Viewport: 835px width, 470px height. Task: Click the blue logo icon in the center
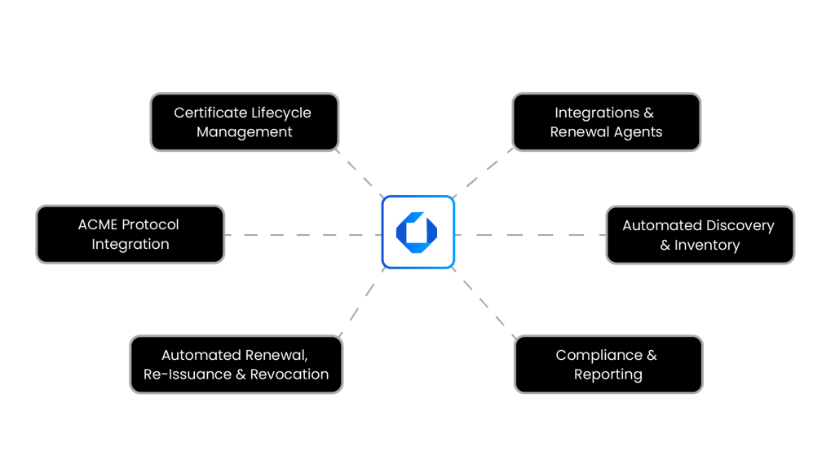[x=417, y=232]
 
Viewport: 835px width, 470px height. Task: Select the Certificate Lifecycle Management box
[x=244, y=122]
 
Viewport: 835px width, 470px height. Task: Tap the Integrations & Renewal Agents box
[x=606, y=122]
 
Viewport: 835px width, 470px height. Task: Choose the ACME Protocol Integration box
[x=130, y=234]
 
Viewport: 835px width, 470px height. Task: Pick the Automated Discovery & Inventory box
[x=699, y=235]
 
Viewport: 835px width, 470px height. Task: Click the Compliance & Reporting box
[x=607, y=365]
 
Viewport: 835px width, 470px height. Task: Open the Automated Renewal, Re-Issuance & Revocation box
[x=236, y=365]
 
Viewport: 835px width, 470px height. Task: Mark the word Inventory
[x=707, y=245]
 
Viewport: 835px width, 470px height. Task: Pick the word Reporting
[x=608, y=375]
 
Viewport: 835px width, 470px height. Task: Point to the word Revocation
[x=290, y=375]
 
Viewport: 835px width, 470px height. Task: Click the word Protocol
[x=150, y=224]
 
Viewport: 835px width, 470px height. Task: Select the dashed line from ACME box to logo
[x=303, y=235]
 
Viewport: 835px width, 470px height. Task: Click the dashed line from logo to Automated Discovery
[x=530, y=235]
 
